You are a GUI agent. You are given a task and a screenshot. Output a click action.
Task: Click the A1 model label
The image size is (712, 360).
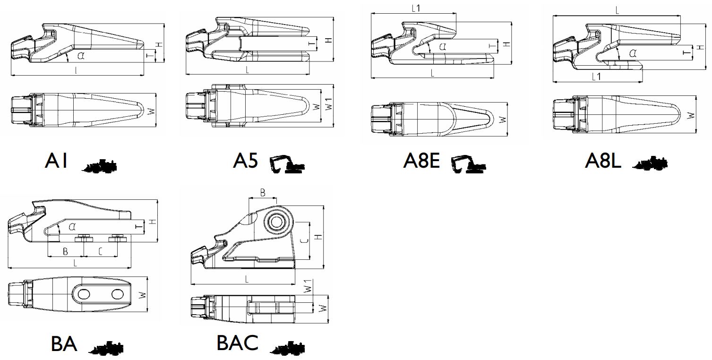pos(57,161)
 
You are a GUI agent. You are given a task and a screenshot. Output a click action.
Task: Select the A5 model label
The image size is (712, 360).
pos(245,161)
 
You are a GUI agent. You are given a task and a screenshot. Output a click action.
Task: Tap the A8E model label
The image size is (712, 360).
pos(422,161)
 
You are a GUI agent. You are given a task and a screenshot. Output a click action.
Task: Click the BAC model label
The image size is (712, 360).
pos(237,343)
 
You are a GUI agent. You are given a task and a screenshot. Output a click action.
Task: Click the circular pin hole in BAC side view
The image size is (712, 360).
pos(278,221)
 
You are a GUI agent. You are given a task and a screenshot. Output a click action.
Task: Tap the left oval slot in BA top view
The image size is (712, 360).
pos(84,294)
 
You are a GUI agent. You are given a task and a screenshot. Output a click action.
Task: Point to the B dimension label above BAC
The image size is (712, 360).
pos(263,193)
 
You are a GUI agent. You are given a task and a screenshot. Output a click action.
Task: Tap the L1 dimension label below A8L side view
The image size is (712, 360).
pos(597,77)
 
